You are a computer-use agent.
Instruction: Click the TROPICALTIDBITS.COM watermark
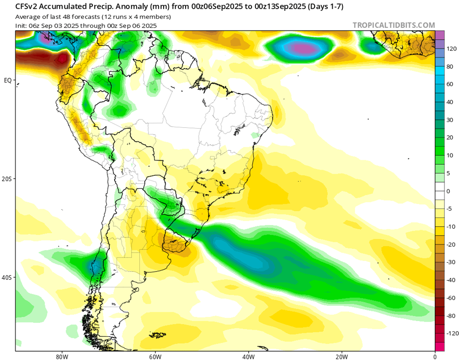(x=394, y=25)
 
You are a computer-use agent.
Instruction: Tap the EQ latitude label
(x=7, y=80)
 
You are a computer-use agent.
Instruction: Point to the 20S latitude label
(x=7, y=179)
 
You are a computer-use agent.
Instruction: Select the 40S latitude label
(x=7, y=278)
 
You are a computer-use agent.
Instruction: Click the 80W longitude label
(x=62, y=355)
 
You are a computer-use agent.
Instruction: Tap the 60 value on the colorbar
(x=451, y=84)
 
